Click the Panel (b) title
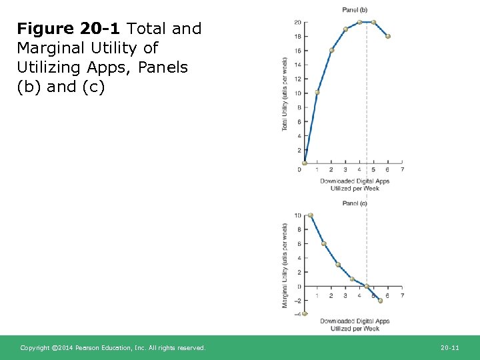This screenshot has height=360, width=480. click(354, 9)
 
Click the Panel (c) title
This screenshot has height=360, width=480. click(354, 203)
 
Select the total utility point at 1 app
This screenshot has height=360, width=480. click(317, 92)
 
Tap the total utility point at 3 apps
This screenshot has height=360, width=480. click(345, 29)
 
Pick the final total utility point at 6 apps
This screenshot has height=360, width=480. click(388, 36)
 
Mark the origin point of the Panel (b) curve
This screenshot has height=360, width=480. click(304, 163)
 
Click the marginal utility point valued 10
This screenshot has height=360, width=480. click(310, 215)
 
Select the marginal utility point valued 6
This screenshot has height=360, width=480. click(324, 243)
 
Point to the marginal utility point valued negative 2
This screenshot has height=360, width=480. click(381, 301)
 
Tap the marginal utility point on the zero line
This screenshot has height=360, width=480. click(367, 287)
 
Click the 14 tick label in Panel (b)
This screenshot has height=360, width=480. click(297, 65)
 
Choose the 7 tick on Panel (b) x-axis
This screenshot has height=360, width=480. click(403, 169)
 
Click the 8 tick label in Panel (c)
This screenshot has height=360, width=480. click(299, 229)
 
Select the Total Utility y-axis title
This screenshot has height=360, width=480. click(285, 93)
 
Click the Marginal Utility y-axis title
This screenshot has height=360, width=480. click(285, 265)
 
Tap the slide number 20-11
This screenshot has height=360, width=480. click(450, 348)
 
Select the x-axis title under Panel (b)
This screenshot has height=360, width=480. click(354, 185)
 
